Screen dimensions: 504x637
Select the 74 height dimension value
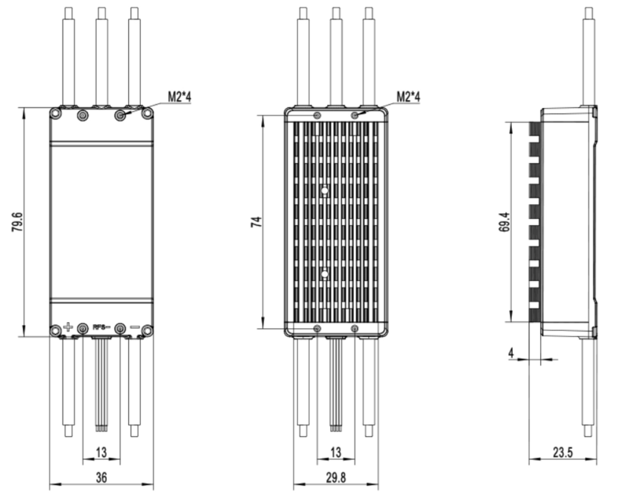(x=256, y=222)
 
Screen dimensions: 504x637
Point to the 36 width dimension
(x=101, y=477)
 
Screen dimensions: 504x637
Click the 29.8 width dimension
(x=336, y=477)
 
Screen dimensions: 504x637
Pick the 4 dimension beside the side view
(x=512, y=354)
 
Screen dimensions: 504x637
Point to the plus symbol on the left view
(x=68, y=327)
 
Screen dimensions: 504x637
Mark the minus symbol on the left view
(x=134, y=327)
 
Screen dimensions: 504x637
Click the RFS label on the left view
(x=100, y=327)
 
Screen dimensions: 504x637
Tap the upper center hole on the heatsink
(x=324, y=189)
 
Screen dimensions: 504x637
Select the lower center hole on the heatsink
(x=324, y=274)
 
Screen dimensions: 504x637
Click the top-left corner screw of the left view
(x=56, y=113)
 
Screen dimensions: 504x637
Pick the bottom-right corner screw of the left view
(x=146, y=332)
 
